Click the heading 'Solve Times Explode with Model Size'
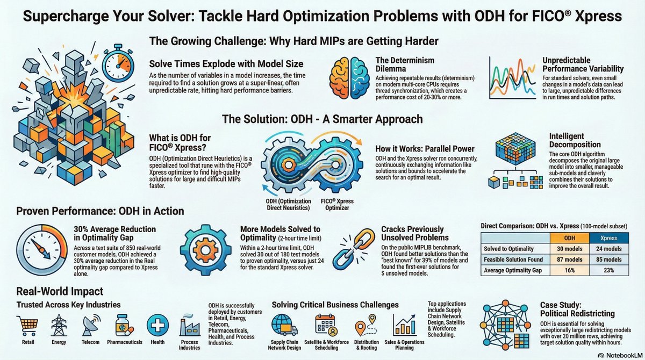click(226, 64)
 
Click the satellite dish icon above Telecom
click(90, 325)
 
